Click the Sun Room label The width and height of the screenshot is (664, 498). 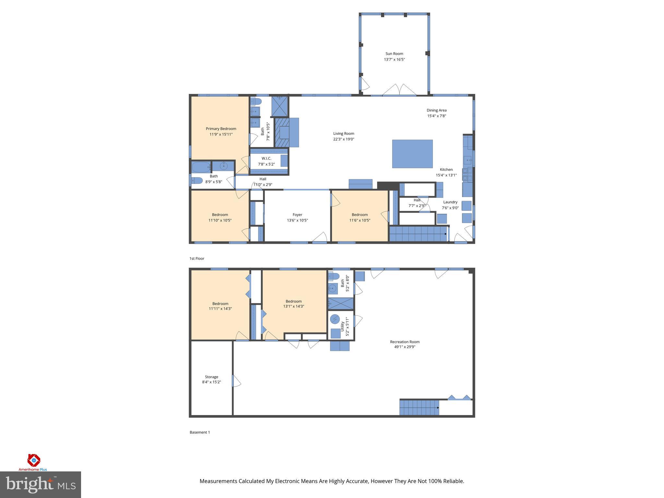tap(394, 54)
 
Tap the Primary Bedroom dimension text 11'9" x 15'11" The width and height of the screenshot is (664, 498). tap(221, 134)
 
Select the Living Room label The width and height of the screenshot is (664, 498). tap(344, 133)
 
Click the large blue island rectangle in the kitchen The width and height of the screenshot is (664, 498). tap(412, 154)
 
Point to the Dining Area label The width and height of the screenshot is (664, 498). tap(436, 110)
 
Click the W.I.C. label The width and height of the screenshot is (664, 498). tap(266, 158)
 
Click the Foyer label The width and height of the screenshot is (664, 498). tap(297, 215)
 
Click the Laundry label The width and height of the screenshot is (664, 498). tap(450, 202)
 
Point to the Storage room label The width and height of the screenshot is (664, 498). tap(211, 377)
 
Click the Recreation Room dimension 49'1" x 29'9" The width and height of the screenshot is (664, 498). tap(405, 347)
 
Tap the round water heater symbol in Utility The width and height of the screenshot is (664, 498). tap(335, 319)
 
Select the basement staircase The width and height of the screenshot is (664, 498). tap(419, 407)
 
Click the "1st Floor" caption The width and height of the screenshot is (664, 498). tap(197, 258)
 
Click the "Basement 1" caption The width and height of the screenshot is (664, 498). tap(200, 432)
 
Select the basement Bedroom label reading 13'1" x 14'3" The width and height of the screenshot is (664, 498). tap(293, 301)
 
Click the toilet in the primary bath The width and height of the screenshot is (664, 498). tap(256, 102)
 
